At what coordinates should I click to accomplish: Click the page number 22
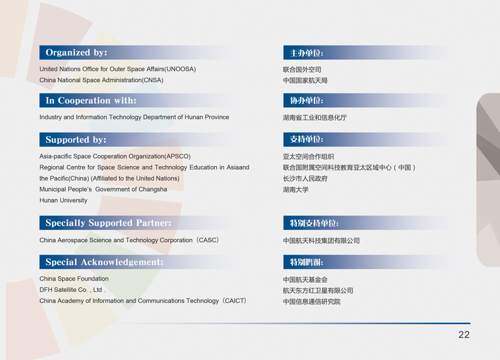[464, 334]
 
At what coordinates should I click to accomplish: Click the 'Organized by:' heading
[76, 53]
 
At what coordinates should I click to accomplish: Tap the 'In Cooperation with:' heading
[91, 101]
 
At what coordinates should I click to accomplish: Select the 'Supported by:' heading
[76, 139]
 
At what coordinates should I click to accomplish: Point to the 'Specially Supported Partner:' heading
[108, 223]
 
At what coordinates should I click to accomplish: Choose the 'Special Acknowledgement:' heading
[104, 262]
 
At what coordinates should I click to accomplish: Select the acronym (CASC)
[208, 240]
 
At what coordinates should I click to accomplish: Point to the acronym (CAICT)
[234, 301]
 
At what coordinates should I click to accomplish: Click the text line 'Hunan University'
[63, 200]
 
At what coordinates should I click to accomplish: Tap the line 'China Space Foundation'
[74, 279]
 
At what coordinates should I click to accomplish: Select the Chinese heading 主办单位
[307, 53]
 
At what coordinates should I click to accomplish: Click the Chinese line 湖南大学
[296, 190]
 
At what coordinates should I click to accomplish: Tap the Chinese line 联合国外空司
[302, 69]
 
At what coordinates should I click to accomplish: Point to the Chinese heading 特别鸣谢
[307, 262]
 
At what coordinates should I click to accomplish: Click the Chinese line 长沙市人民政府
[305, 178]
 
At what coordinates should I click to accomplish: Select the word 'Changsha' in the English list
[152, 189]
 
